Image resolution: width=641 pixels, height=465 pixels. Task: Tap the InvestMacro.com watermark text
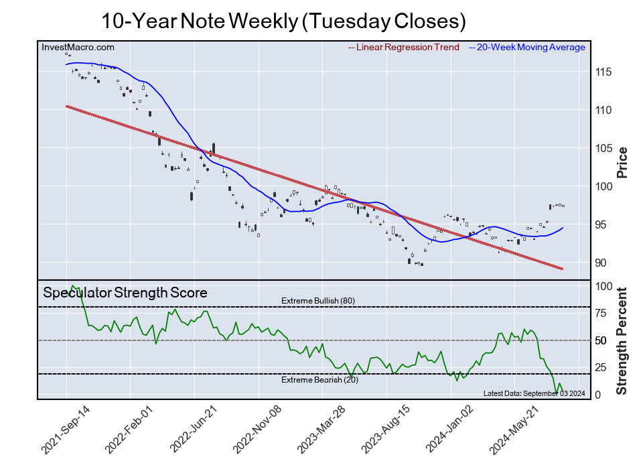tap(78, 47)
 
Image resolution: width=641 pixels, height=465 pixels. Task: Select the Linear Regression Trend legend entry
tap(404, 47)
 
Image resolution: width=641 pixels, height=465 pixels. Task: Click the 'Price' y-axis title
tap(622, 162)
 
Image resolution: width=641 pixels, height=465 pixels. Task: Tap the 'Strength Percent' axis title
tap(622, 340)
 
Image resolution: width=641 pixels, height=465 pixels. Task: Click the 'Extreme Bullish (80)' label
tap(318, 301)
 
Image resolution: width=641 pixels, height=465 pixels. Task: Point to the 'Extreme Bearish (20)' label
tap(318, 380)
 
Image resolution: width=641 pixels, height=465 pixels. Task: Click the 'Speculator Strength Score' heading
tap(125, 293)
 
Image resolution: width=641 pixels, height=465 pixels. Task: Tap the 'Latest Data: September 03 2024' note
tap(534, 393)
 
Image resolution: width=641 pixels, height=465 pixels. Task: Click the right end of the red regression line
tap(561, 269)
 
